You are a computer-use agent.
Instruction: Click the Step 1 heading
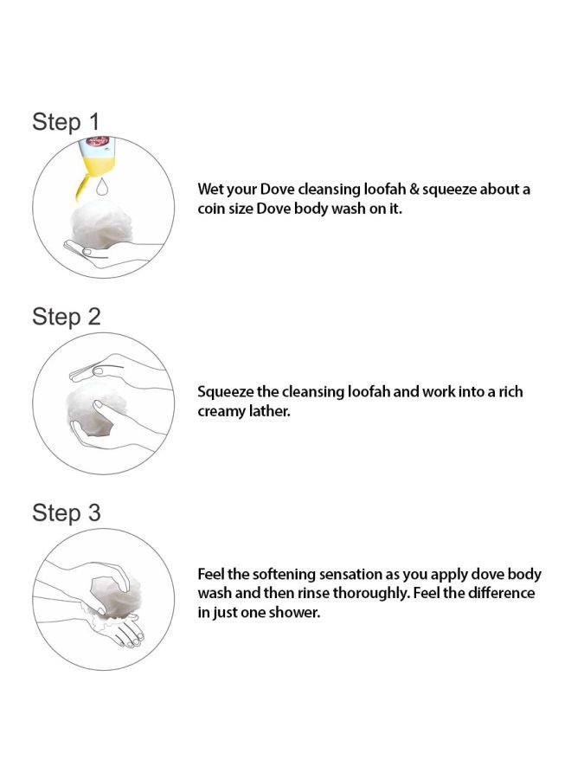click(66, 122)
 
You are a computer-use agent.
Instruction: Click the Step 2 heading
click(67, 317)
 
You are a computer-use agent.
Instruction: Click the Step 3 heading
click(67, 512)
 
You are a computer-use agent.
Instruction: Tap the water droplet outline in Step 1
click(102, 186)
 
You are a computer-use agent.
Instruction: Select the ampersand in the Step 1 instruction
click(414, 190)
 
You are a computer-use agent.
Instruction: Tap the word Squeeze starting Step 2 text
click(226, 392)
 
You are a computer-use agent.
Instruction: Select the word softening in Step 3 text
click(284, 575)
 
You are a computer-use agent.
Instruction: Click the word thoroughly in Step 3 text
click(371, 594)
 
